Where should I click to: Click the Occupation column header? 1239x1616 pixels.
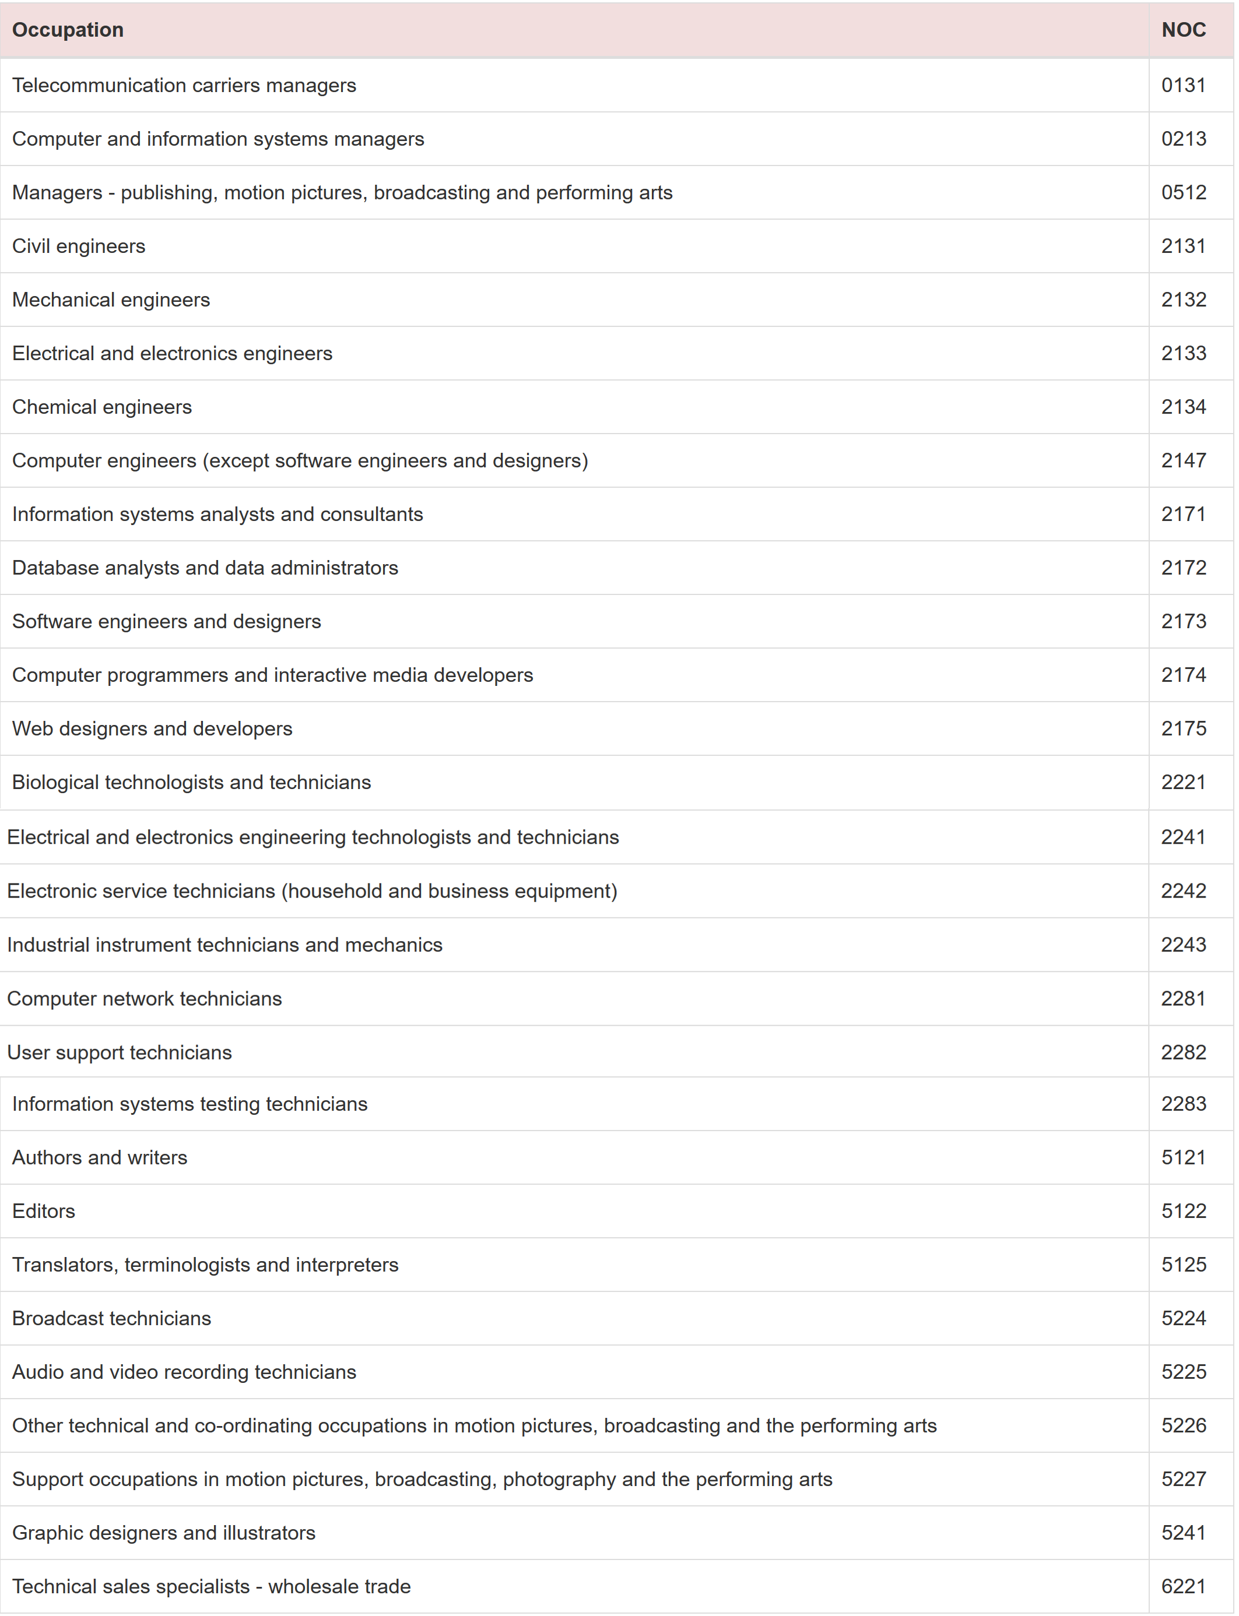(x=68, y=30)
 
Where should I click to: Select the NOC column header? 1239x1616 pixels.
(x=1183, y=30)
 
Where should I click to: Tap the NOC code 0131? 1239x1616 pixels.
(x=1183, y=86)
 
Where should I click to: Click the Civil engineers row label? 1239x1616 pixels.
(x=79, y=247)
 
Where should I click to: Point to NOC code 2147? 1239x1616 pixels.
(x=1183, y=461)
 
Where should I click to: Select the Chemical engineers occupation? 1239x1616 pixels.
(x=102, y=407)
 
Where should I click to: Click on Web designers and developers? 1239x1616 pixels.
(x=152, y=728)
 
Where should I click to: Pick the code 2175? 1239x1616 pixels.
(x=1183, y=728)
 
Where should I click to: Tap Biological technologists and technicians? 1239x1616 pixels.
(x=191, y=782)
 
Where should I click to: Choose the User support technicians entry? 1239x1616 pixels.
(x=120, y=1052)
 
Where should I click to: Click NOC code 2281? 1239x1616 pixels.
(x=1183, y=998)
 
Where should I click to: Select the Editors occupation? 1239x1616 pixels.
(x=44, y=1211)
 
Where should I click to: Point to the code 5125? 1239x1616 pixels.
(x=1183, y=1265)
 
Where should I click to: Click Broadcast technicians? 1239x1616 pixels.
(x=111, y=1318)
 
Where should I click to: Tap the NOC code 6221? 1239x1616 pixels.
(x=1183, y=1586)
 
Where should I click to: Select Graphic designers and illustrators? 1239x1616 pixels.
(x=164, y=1533)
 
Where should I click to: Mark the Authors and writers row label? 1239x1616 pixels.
(x=100, y=1157)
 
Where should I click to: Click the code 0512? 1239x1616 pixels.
(x=1183, y=192)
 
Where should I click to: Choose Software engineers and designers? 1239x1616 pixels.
(x=167, y=621)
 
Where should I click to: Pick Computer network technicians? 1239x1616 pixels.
(x=145, y=998)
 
